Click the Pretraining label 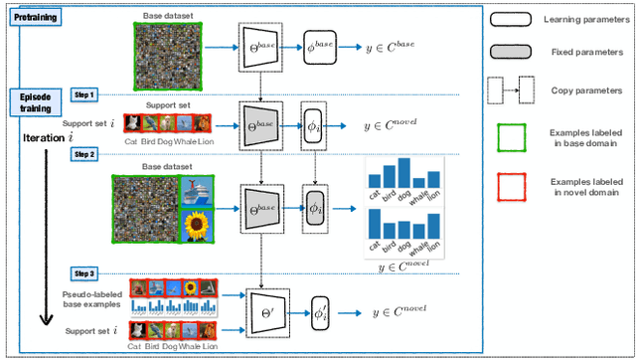click(34, 18)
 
